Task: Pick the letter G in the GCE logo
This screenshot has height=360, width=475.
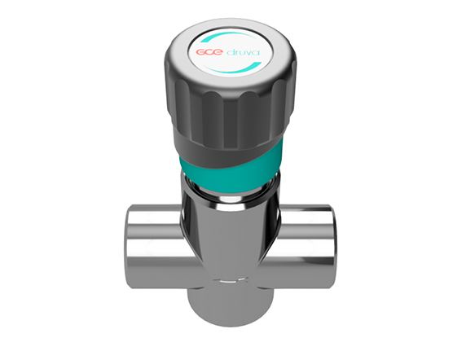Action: tap(199, 54)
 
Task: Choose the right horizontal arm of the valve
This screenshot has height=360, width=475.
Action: tap(306, 242)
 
